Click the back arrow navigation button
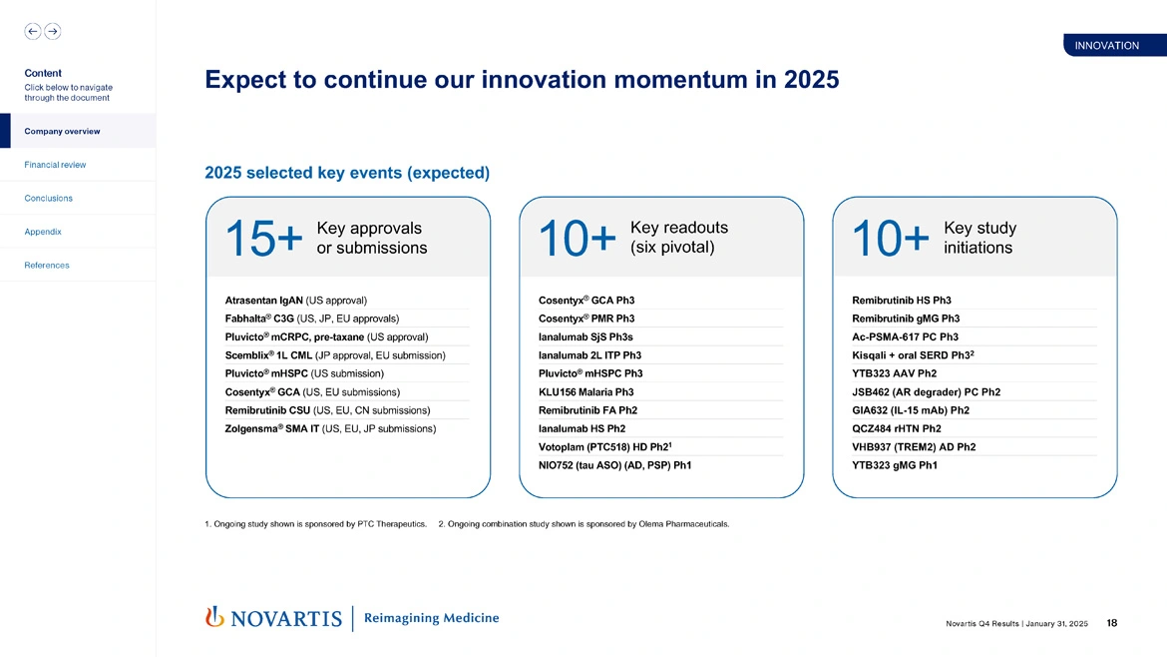coord(33,31)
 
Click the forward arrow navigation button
coord(53,31)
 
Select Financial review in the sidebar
coord(55,165)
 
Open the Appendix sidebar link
coord(43,232)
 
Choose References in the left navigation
coord(47,266)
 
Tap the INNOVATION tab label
coord(1106,46)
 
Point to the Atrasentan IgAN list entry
coord(296,301)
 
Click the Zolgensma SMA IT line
coord(330,428)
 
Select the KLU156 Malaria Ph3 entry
coord(585,392)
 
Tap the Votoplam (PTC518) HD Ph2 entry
coord(602,447)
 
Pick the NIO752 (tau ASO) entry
coord(614,465)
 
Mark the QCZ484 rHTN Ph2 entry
coord(896,428)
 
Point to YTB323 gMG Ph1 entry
coord(894,465)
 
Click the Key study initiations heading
coord(978,238)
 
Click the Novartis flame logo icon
coord(213,617)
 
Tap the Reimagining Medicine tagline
coord(431,618)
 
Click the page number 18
coord(1111,623)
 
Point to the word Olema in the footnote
coord(663,523)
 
